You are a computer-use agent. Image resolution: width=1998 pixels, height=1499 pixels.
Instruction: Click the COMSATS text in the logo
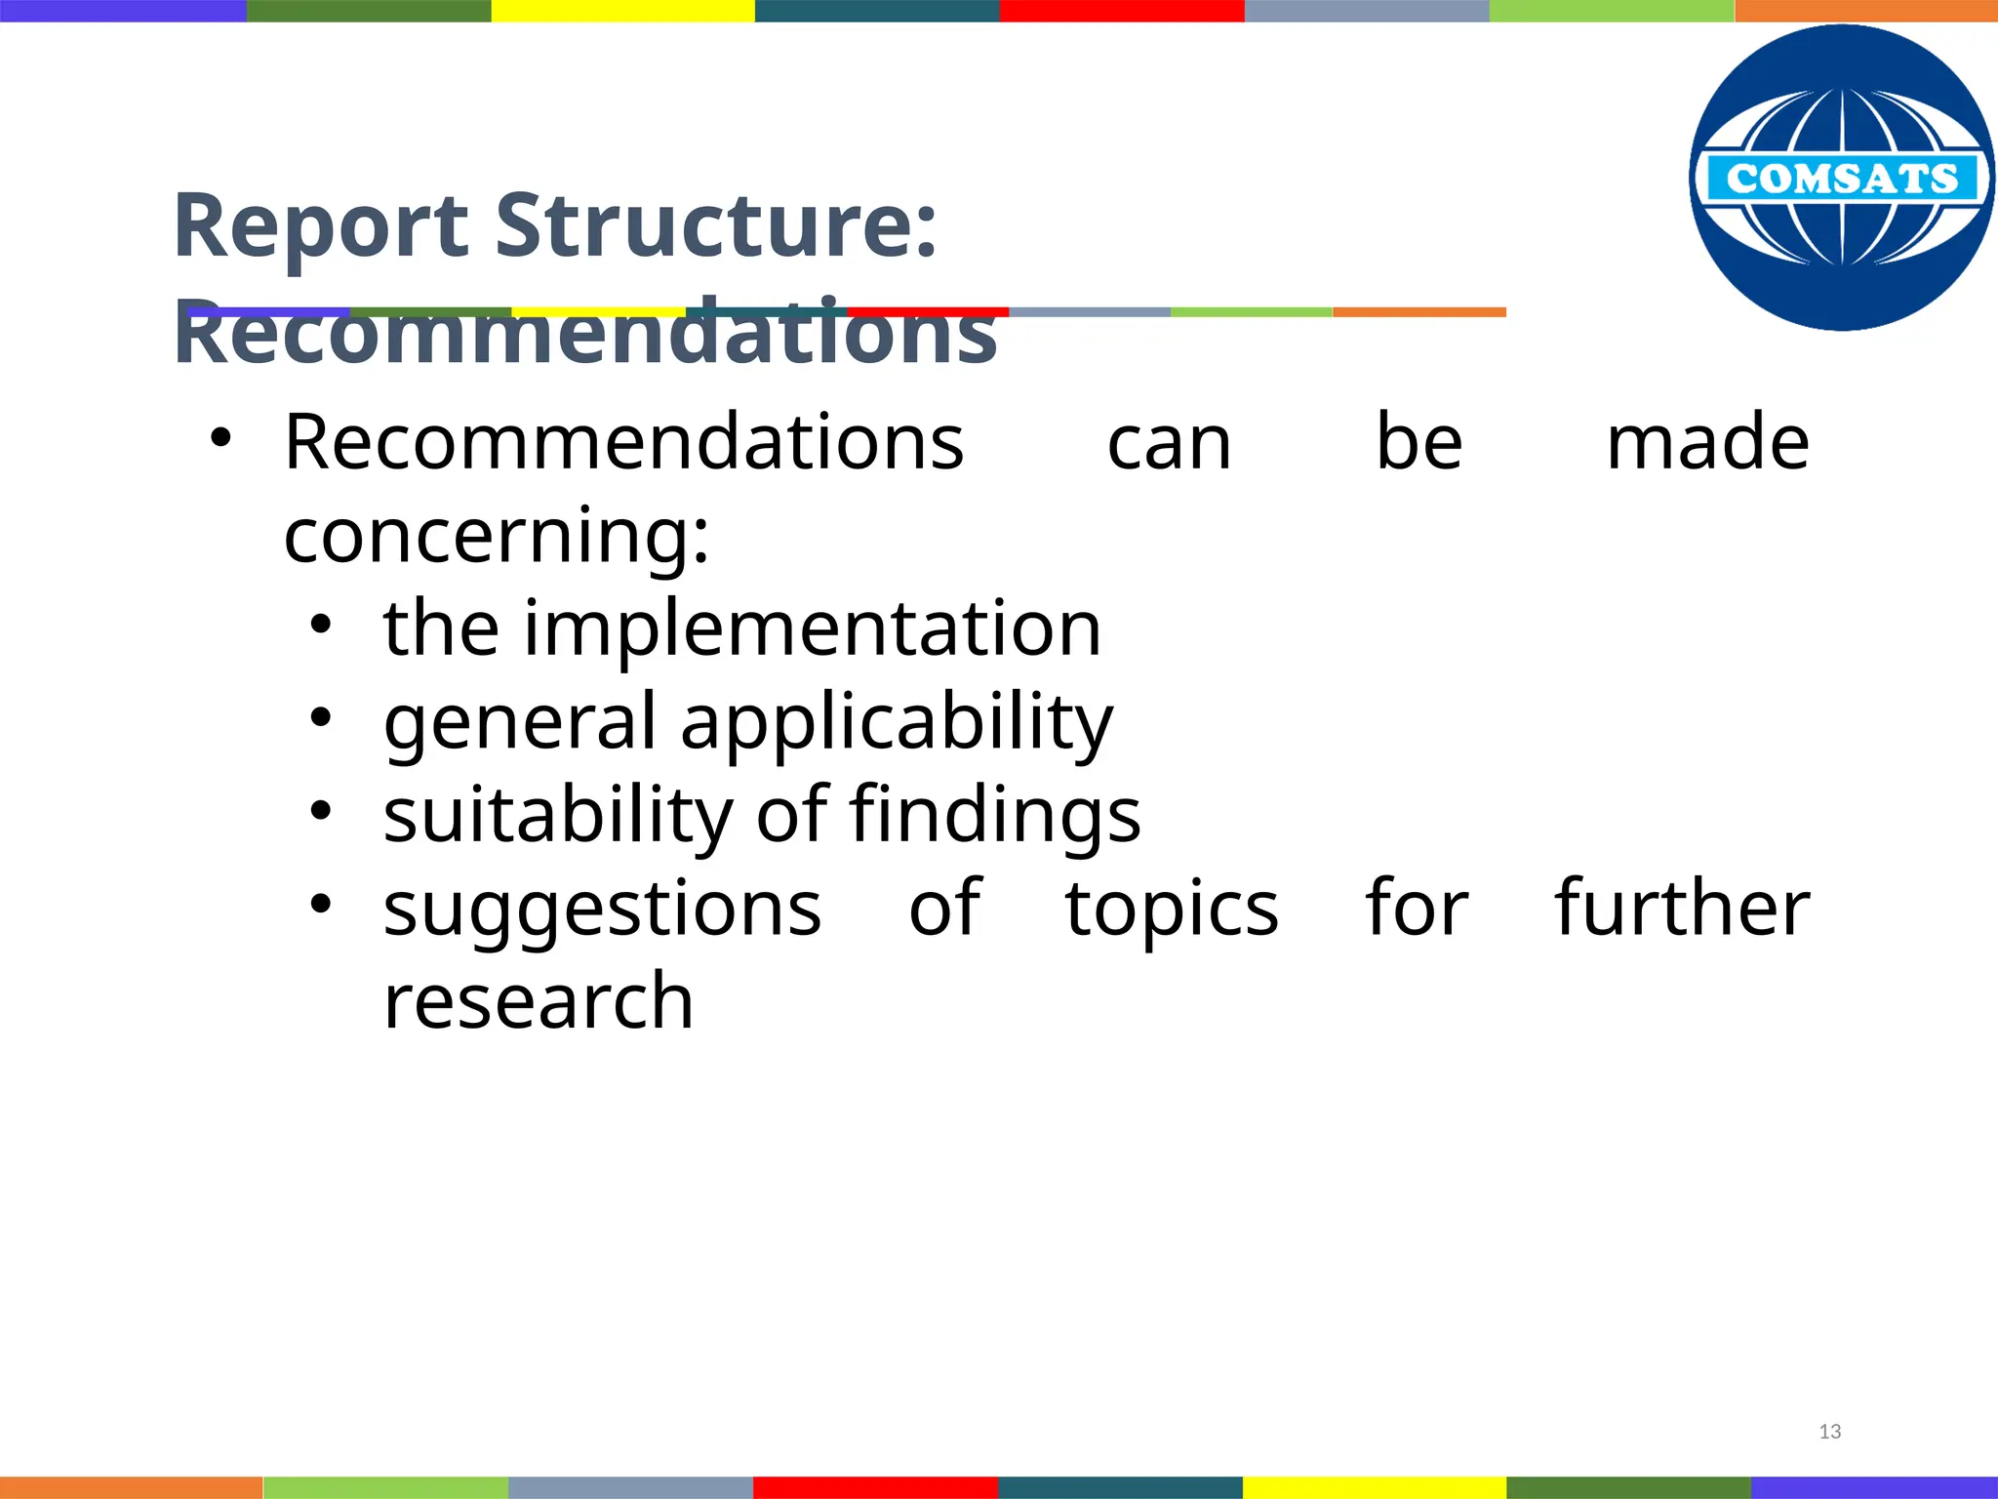tap(1842, 179)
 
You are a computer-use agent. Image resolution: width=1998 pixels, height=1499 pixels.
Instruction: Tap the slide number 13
tap(1830, 1432)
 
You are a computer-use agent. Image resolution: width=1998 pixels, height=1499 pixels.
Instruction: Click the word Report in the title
tap(321, 226)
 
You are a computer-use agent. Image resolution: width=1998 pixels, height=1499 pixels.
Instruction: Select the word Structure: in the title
tap(716, 226)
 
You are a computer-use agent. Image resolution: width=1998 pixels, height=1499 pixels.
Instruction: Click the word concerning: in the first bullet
tap(497, 536)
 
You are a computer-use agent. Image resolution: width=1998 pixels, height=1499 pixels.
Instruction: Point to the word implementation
tap(813, 628)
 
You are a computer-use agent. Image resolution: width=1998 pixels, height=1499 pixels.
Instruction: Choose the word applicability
tap(897, 723)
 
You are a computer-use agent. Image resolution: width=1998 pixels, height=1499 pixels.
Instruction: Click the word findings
tap(995, 815)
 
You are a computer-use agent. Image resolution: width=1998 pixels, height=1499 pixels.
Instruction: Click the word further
tap(1682, 908)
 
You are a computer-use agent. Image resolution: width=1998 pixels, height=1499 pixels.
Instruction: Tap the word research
tap(539, 1002)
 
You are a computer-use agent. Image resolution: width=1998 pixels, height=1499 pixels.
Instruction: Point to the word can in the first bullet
tap(1170, 444)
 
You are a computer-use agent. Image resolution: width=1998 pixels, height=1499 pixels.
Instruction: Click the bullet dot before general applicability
tap(322, 718)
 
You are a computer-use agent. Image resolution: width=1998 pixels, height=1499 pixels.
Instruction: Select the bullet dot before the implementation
tap(322, 625)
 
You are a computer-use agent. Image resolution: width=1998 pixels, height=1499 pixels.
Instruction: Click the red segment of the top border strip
tap(1122, 11)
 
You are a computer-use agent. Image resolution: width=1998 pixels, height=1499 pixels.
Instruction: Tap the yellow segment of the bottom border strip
tap(1374, 1487)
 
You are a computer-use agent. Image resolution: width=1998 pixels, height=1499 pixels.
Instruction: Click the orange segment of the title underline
tap(1419, 312)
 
